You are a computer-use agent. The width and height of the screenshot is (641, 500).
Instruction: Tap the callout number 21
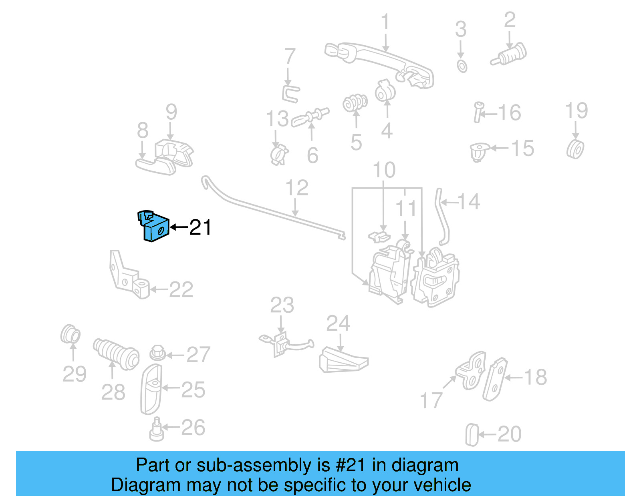(x=200, y=227)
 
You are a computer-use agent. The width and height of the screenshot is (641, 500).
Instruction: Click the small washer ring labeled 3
(x=462, y=66)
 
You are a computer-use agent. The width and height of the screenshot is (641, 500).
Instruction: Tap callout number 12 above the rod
(x=296, y=188)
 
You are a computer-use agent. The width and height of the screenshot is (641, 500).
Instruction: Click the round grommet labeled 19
(x=576, y=149)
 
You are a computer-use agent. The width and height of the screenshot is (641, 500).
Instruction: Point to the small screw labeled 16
(x=478, y=112)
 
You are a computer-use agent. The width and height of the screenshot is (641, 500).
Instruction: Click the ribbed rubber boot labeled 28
(x=116, y=354)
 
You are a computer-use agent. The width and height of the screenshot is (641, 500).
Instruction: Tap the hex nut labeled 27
(x=157, y=353)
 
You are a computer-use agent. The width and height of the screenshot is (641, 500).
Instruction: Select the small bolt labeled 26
(x=156, y=430)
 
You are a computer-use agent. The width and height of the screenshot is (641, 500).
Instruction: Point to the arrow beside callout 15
(x=500, y=148)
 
